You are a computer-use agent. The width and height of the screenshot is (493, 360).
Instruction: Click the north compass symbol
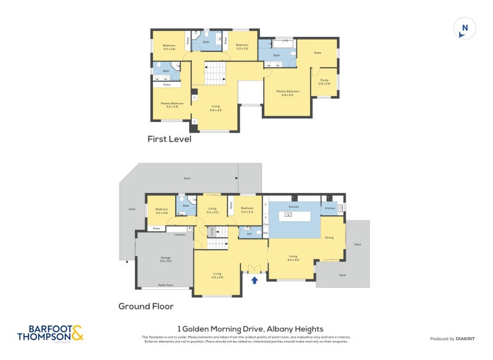click(465, 28)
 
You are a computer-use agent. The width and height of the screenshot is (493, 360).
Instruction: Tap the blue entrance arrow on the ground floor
click(255, 280)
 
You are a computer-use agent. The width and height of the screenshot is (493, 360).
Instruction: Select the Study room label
click(324, 81)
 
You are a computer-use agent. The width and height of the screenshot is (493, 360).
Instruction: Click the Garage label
click(165, 259)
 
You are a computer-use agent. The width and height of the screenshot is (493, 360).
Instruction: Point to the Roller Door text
click(165, 285)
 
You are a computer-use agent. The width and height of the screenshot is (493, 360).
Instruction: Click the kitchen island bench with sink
click(294, 216)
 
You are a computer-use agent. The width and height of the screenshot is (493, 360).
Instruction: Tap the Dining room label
click(329, 237)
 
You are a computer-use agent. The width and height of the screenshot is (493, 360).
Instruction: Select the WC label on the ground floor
click(250, 234)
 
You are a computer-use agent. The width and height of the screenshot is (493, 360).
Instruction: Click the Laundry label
click(180, 234)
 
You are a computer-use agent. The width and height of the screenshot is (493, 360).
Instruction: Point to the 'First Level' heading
click(169, 139)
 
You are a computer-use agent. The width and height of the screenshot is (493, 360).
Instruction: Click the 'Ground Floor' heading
click(145, 306)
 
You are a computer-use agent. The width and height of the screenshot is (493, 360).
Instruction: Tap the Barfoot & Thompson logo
click(50, 333)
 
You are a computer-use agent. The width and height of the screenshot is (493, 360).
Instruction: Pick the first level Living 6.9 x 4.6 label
click(215, 108)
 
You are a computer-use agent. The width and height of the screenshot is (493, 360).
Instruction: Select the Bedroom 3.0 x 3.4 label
click(246, 210)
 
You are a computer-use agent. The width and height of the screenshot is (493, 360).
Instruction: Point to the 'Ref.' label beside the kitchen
click(266, 232)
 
